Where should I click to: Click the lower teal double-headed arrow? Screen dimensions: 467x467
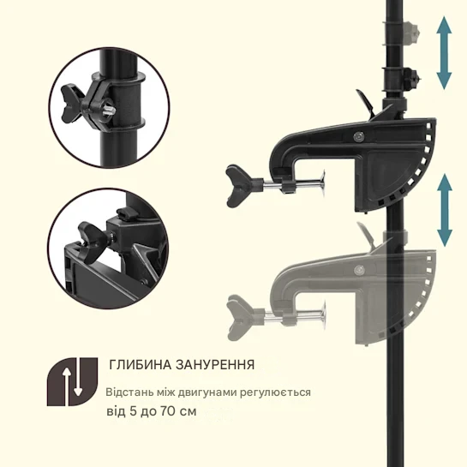click(x=444, y=211)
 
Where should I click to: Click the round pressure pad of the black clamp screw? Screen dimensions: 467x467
click(x=321, y=182)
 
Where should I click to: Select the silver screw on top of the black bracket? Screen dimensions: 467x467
click(x=357, y=135)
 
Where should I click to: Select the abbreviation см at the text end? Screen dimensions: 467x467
click(x=189, y=411)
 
